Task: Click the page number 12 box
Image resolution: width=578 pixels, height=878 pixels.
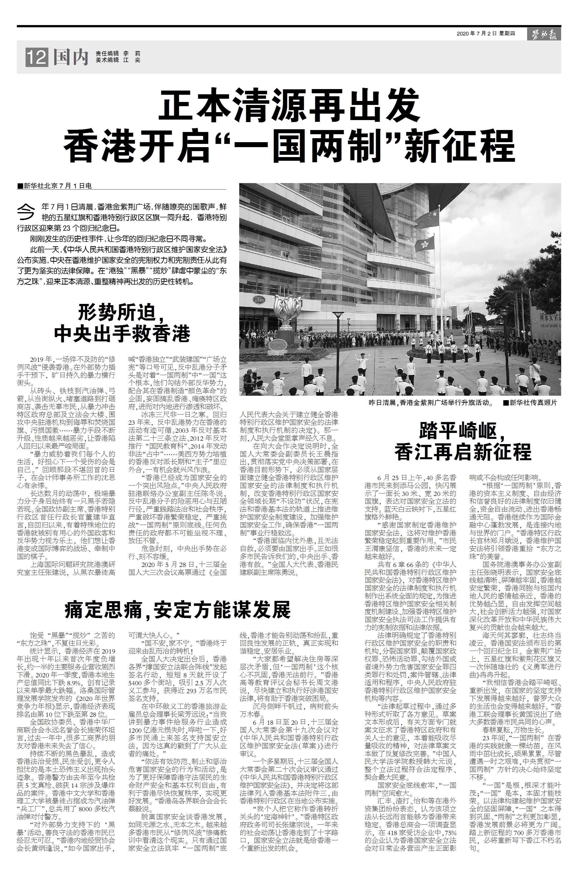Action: point(36,58)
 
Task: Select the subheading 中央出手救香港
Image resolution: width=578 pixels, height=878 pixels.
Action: point(122,334)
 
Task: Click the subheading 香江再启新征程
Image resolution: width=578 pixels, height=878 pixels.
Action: point(463,452)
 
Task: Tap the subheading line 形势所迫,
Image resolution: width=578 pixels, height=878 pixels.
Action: point(122,314)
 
